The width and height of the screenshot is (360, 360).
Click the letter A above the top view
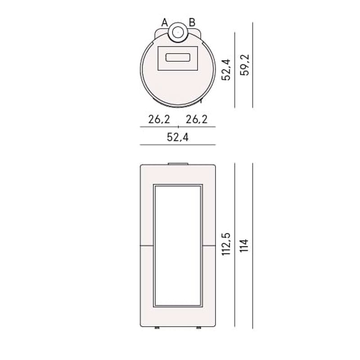click(165, 22)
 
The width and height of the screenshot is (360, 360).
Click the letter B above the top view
click(192, 22)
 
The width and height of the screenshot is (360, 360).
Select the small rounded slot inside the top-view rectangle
click(178, 58)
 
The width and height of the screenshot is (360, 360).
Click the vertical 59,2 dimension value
click(244, 65)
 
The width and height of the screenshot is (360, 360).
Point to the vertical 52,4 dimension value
click(226, 70)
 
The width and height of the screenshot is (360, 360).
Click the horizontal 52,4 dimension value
click(177, 137)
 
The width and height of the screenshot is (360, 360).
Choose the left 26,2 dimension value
click(159, 119)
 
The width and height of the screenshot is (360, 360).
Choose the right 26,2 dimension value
click(197, 119)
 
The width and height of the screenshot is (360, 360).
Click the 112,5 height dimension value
click(226, 244)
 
